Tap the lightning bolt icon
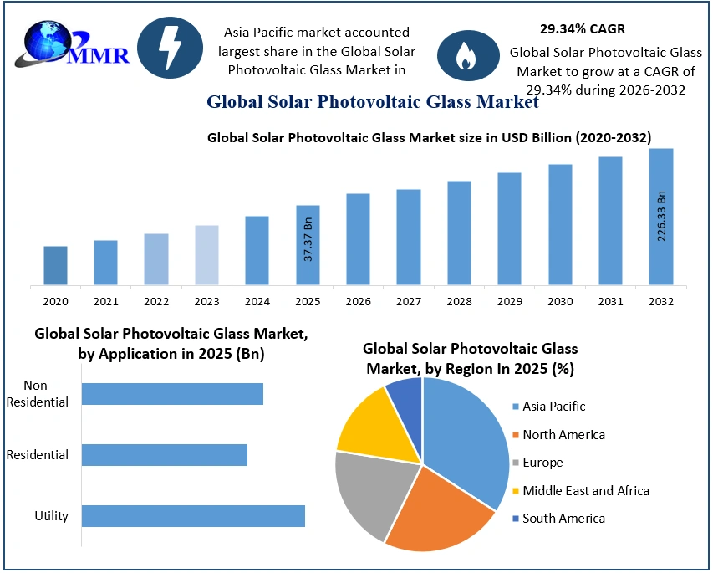tap(170, 48)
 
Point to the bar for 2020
tap(55, 265)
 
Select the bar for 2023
tap(206, 255)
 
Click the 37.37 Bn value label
tap(308, 240)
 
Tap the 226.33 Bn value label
tap(661, 216)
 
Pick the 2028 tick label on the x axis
tap(459, 301)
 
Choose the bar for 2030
tap(560, 224)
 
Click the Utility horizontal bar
tap(193, 516)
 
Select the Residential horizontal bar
tap(165, 455)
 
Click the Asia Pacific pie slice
tap(468, 435)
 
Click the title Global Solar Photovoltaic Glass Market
tap(373, 103)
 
